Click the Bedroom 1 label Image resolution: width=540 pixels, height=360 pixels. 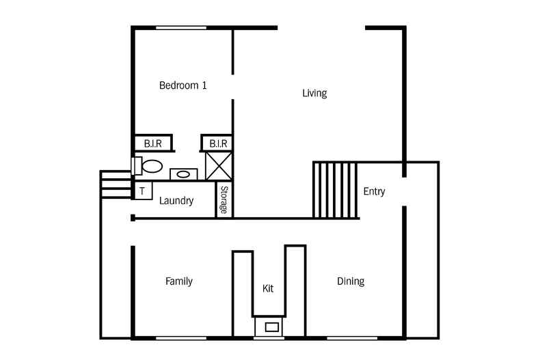[183, 85]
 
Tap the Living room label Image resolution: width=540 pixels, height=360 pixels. [314, 93]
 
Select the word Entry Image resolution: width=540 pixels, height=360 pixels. [374, 191]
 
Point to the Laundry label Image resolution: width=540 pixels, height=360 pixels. [176, 201]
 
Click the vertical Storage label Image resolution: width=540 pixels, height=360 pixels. [224, 199]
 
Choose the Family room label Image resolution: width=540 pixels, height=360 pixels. [178, 281]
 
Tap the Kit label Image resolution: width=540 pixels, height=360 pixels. [268, 288]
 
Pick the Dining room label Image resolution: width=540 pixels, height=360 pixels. [351, 281]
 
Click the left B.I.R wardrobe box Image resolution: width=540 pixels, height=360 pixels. [153, 143]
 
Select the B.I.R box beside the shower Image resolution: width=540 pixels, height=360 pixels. [217, 143]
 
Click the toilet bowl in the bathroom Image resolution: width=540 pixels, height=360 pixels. [152, 166]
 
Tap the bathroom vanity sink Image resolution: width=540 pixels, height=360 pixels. [183, 174]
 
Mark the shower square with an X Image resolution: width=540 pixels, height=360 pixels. [219, 166]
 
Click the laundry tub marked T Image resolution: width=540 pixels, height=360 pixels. [143, 191]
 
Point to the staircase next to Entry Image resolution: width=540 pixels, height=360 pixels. [335, 190]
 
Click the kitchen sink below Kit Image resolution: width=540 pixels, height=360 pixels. [272, 327]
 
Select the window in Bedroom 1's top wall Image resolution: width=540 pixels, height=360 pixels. [181, 28]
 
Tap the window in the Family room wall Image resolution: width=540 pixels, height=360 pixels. [181, 338]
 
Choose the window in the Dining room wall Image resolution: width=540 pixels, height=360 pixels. [352, 338]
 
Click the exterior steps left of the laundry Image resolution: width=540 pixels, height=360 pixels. [116, 184]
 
